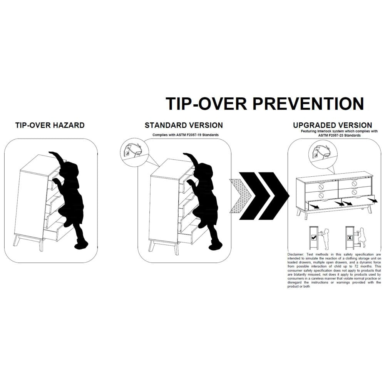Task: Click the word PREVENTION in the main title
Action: click(308, 103)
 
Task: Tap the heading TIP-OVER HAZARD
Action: click(50, 125)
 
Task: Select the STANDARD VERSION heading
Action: click(184, 125)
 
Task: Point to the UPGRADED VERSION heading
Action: click(333, 125)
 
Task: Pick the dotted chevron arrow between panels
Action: click(240, 196)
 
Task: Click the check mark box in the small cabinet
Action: click(313, 238)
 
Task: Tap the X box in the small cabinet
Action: click(350, 238)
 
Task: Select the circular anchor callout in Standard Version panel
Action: click(134, 150)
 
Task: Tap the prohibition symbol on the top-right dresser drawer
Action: click(355, 183)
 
